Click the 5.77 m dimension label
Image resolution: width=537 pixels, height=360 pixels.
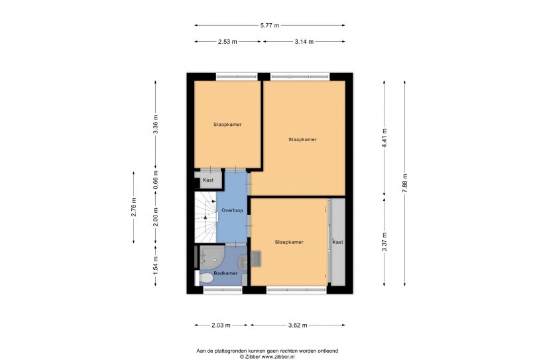tap(270, 25)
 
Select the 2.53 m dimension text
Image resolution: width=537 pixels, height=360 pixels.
tap(227, 42)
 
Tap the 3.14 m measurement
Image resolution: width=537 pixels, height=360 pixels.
tap(304, 42)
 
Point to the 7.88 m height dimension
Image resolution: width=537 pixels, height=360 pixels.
tap(405, 183)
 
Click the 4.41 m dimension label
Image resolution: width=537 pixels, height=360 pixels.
tap(385, 138)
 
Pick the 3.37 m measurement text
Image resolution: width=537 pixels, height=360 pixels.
tap(385, 242)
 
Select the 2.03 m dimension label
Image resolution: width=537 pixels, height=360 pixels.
tap(221, 326)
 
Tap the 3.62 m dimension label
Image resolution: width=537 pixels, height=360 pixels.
tap(298, 326)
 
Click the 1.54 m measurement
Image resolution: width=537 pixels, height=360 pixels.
tap(156, 266)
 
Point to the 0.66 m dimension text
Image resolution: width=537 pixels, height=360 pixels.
tap(156, 180)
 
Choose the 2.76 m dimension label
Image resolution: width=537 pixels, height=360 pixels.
tap(134, 208)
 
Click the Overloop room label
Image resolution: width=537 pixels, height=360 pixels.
tap(232, 210)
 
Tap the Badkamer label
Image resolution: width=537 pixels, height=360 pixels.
tap(225, 273)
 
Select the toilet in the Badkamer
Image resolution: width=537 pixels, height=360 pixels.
tap(204, 278)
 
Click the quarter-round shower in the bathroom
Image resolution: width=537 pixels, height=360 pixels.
tap(211, 257)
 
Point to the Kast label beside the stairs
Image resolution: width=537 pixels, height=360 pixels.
tap(208, 180)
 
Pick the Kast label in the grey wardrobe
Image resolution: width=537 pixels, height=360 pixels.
tap(337, 242)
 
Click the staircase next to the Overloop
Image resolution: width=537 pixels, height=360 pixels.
tap(206, 217)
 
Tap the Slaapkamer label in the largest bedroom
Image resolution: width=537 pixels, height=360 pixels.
tap(302, 139)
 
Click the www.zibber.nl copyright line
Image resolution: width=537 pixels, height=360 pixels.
tap(267, 357)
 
